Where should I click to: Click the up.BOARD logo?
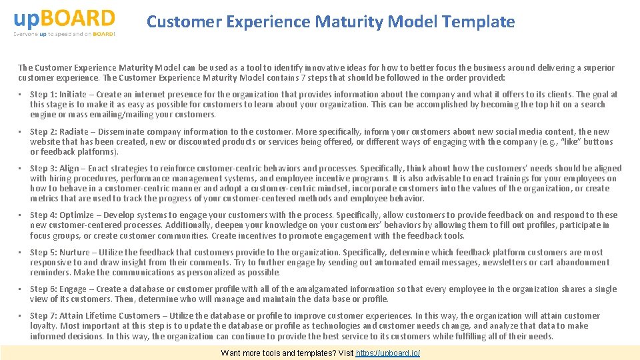[x=64, y=17]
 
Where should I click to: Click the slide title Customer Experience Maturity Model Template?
[x=331, y=22]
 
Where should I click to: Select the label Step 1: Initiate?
[x=58, y=95]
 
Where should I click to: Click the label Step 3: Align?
[x=55, y=169]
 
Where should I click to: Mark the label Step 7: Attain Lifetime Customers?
[x=95, y=316]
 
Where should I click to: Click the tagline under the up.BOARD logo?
[x=64, y=33]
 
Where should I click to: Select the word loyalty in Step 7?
[x=43, y=326]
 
